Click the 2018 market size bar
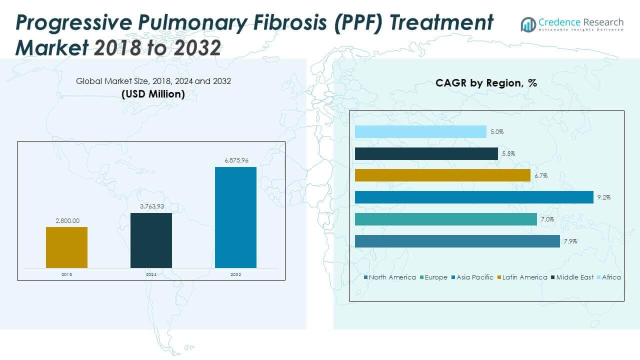click(x=66, y=247)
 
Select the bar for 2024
click(x=151, y=240)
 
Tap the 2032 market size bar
click(x=235, y=217)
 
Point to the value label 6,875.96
click(x=235, y=160)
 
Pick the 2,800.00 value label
click(x=66, y=220)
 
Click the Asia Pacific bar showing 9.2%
click(x=473, y=197)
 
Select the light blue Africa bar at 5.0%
click(x=420, y=131)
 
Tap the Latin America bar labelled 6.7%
click(x=442, y=175)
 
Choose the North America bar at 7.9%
click(x=457, y=241)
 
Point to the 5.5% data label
click(x=508, y=154)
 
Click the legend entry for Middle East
click(x=575, y=277)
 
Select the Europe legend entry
click(x=435, y=277)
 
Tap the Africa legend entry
click(x=611, y=277)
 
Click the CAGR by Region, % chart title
click(x=486, y=83)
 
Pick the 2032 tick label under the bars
click(x=235, y=274)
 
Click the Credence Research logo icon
click(x=528, y=24)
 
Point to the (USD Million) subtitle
click(x=153, y=93)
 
